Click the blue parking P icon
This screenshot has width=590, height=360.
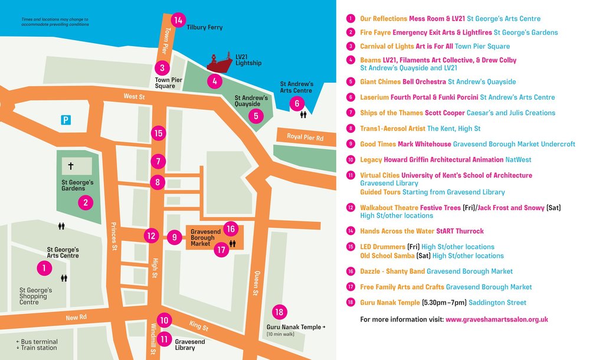(x=67, y=120)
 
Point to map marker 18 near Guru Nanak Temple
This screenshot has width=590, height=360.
(x=280, y=312)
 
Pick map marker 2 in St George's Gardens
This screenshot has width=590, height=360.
(x=86, y=203)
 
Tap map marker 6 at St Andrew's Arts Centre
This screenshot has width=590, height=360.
(x=297, y=103)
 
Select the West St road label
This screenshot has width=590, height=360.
(x=135, y=96)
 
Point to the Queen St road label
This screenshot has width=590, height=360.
(x=256, y=284)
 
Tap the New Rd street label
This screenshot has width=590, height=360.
(x=76, y=318)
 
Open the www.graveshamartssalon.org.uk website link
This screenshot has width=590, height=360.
(x=497, y=319)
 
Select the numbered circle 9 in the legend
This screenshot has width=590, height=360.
(x=350, y=144)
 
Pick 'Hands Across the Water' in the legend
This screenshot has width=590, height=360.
(x=396, y=231)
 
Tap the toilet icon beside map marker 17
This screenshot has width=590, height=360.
(x=232, y=243)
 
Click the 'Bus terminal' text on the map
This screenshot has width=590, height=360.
(x=40, y=342)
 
